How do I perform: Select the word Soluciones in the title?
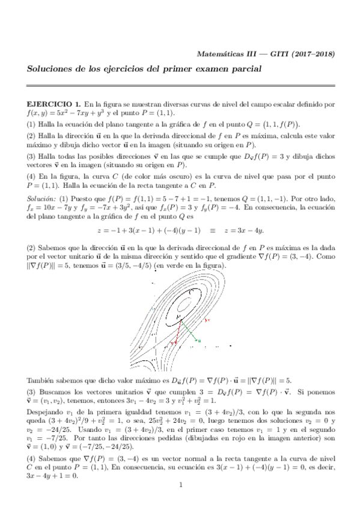52,70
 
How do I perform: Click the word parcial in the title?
245,70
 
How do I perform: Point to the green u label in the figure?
200,341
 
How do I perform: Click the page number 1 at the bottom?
180,485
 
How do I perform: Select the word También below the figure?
41,381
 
